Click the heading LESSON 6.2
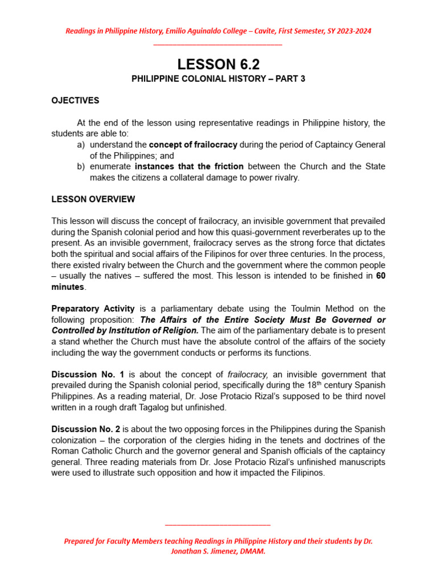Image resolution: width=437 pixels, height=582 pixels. [218, 64]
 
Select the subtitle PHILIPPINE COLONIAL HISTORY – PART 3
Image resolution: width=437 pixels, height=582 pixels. [218, 79]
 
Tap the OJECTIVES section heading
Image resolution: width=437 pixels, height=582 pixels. [75, 101]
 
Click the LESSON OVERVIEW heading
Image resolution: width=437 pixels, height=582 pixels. [93, 199]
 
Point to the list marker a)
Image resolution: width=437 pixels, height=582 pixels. [81, 145]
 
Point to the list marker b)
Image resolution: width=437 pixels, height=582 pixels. [81, 167]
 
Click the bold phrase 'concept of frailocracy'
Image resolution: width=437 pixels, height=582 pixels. [193, 145]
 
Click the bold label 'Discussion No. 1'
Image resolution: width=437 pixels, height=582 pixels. [85, 375]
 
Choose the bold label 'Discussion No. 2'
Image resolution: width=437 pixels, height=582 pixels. [85, 429]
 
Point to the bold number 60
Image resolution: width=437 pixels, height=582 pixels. [380, 276]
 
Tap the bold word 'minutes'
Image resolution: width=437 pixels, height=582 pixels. [68, 287]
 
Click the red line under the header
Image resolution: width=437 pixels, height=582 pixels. [218, 44]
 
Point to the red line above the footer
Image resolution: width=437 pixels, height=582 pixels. [218, 525]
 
